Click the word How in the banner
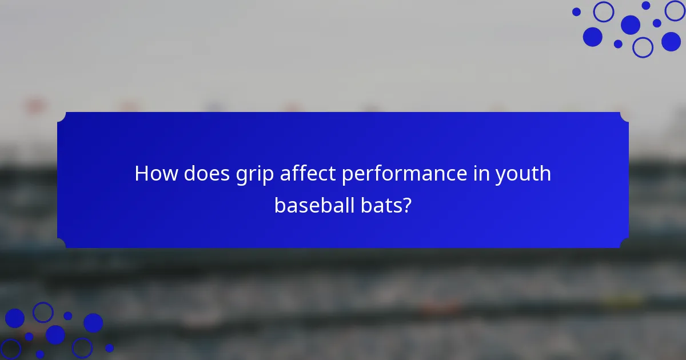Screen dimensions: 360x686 point(156,174)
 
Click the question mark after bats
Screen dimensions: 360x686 point(406,205)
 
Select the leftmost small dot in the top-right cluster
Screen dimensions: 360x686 point(576,11)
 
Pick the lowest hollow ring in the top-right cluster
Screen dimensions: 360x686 point(643,47)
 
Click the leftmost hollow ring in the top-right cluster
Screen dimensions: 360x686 point(603,11)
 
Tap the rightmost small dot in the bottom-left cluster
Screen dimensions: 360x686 point(109,347)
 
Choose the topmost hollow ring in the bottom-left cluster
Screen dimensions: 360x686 point(43,312)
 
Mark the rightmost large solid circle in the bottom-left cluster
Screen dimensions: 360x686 point(93,323)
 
